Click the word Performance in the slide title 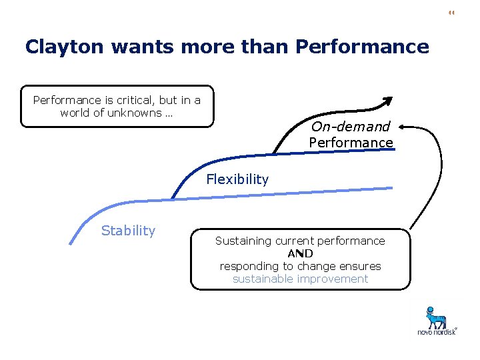[361, 47]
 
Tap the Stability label [128, 231]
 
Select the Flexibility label [237, 179]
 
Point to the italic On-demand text [351, 127]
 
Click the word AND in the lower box [300, 253]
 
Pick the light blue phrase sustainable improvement [300, 279]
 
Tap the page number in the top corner [451, 13]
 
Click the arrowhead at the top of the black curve [387, 101]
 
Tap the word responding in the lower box [249, 266]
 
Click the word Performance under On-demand [351, 143]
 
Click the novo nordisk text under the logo [437, 332]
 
